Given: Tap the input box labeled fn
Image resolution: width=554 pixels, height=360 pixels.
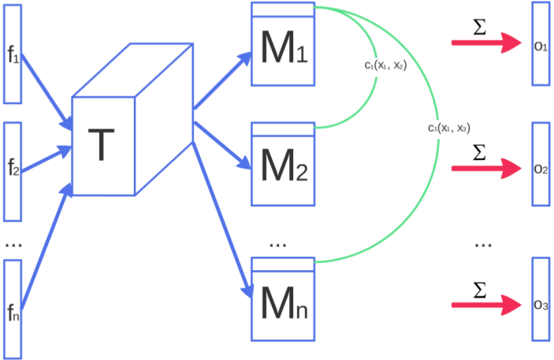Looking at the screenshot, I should pos(13,309).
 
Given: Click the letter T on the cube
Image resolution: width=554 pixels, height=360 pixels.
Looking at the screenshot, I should pos(101,146).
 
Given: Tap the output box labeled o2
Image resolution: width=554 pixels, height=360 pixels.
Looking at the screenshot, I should pos(541,167).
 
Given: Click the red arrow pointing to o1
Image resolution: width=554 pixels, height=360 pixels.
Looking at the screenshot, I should pos(485,43).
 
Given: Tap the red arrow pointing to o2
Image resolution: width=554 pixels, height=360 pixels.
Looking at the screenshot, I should pos(485,168).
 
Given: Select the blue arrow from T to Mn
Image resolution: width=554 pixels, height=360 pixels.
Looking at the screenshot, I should pos(224,213).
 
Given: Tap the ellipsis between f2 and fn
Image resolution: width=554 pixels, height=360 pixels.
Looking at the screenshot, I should pos(13,245).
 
